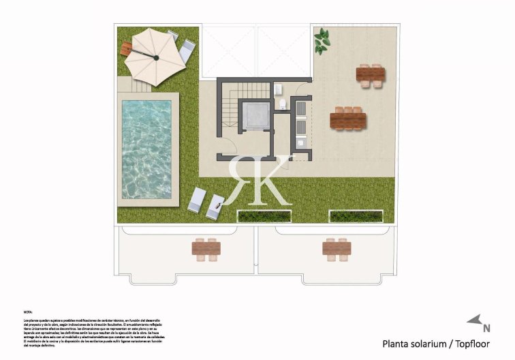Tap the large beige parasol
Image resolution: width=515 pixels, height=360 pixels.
[x=155, y=58]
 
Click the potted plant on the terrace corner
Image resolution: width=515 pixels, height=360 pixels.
[x=321, y=42]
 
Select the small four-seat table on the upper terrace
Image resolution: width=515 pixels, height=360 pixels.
[x=370, y=74]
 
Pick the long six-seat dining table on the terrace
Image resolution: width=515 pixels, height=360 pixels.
[x=347, y=119]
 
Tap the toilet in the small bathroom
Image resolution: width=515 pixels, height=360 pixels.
[x=282, y=104]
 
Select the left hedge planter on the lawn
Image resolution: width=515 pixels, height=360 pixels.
[x=264, y=215]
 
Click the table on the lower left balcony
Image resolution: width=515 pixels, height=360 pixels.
[x=206, y=250]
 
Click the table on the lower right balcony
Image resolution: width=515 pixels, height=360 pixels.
[x=336, y=250]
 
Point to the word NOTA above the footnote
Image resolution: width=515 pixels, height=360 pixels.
[x=28, y=311]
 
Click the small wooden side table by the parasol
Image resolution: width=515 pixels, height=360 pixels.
[x=125, y=48]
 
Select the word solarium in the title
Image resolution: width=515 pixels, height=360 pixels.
[x=429, y=344]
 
